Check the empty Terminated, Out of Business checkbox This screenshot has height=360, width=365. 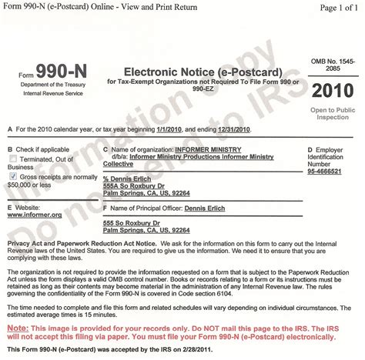[x=11, y=159]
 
